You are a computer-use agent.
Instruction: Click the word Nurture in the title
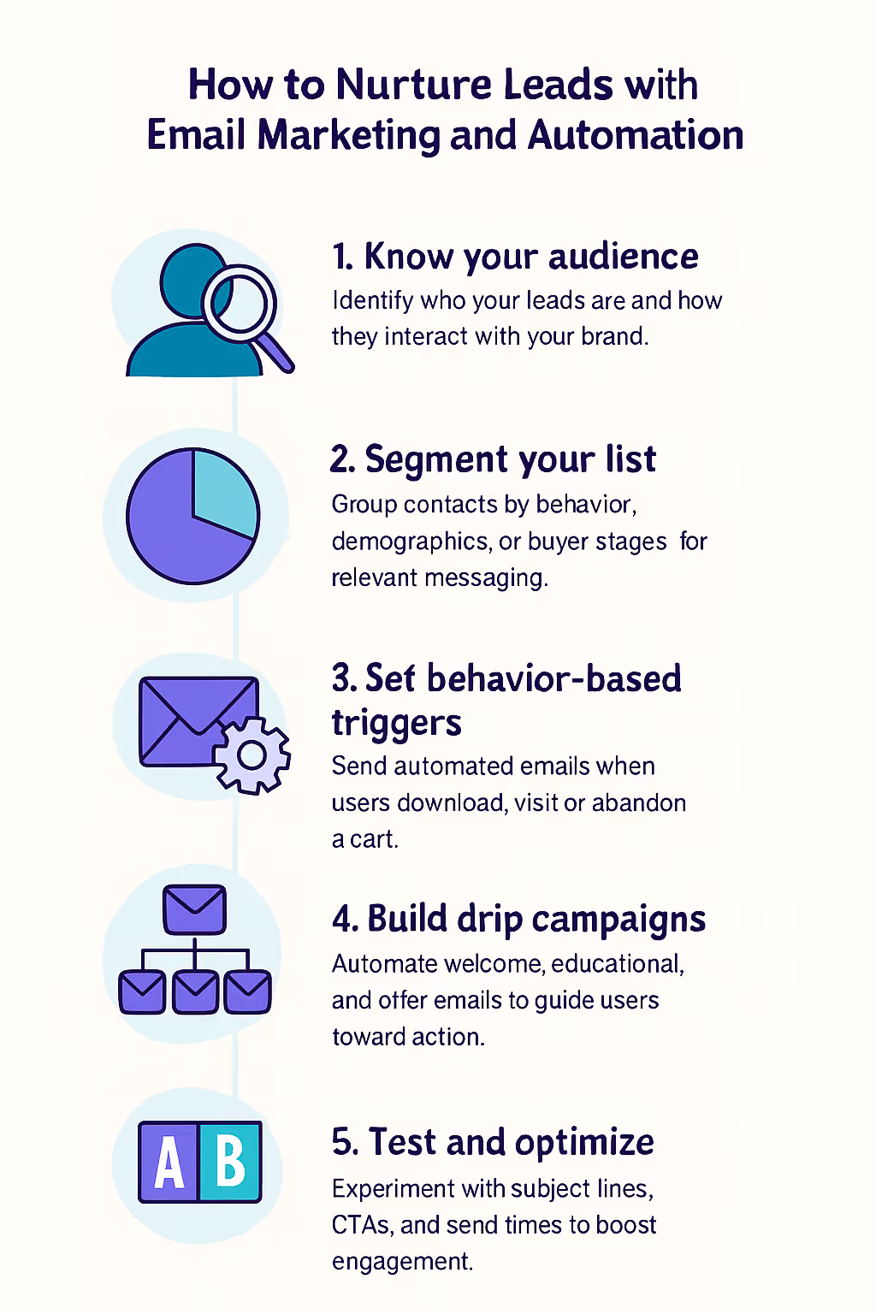pos(414,85)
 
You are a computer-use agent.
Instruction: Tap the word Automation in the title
pos(636,135)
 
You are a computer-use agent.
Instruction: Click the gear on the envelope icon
pos(252,755)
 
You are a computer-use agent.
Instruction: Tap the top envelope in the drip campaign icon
pos(195,909)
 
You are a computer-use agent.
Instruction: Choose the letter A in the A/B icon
pos(169,1162)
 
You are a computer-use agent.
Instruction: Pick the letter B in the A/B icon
pos(230,1161)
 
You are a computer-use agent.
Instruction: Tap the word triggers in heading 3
pos(397,724)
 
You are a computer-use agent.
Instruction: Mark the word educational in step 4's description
pos(618,964)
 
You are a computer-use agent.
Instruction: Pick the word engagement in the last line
pos(403,1262)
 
